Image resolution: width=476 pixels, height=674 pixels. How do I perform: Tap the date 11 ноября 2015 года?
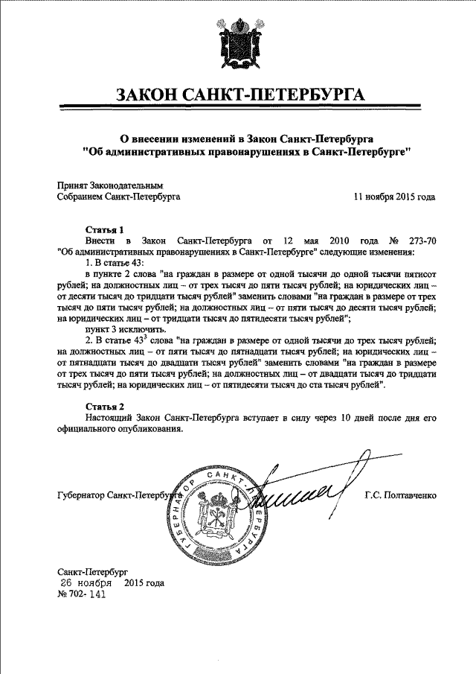coord(394,197)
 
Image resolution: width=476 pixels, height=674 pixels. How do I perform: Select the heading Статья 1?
coord(103,230)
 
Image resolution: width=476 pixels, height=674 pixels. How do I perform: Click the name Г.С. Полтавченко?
coord(400,495)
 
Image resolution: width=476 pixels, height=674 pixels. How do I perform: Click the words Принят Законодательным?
coord(110,185)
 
